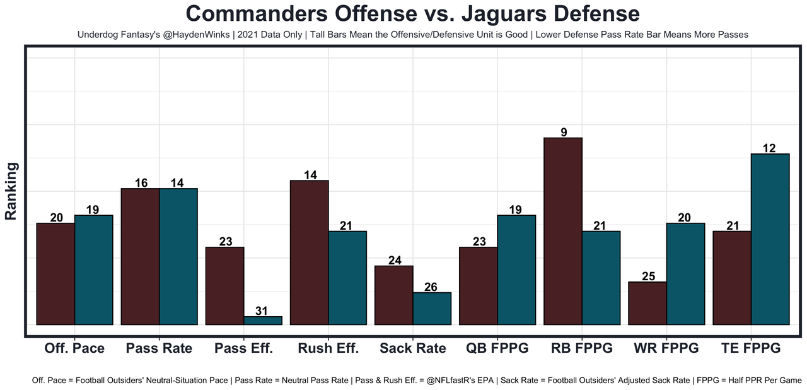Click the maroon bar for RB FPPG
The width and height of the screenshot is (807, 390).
(x=562, y=231)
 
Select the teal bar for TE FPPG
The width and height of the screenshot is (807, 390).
(x=770, y=239)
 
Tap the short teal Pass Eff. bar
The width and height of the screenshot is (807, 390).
(x=263, y=321)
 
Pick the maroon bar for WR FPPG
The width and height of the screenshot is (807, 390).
(x=647, y=303)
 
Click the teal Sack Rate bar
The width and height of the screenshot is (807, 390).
(x=432, y=309)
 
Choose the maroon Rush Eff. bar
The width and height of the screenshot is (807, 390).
(x=309, y=252)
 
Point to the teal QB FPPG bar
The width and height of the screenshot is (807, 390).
(x=516, y=269)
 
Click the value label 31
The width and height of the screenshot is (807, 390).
(x=263, y=310)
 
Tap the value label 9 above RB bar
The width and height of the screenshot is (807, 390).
(x=563, y=132)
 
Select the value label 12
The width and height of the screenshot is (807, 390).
(x=769, y=148)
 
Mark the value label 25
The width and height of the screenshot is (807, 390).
(x=648, y=276)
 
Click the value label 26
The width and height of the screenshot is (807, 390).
(x=432, y=287)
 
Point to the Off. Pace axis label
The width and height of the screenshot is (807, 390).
(x=74, y=348)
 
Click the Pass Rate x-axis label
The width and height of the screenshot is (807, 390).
(x=159, y=348)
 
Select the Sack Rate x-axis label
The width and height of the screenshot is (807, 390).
(x=413, y=348)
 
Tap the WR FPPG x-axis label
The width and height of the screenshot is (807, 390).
(x=666, y=348)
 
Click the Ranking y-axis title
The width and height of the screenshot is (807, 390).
(x=11, y=191)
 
